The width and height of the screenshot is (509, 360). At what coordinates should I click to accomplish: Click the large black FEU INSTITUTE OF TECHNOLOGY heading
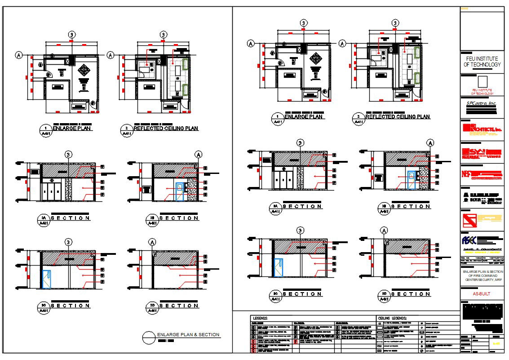coord(482,62)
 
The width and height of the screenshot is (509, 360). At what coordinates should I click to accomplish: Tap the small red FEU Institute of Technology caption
coord(482,92)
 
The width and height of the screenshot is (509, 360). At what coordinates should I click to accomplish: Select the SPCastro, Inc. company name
coord(481,103)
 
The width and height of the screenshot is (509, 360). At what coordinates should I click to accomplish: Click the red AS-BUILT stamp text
coord(482,294)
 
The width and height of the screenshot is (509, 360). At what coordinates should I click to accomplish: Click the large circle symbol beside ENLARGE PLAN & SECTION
coord(148,337)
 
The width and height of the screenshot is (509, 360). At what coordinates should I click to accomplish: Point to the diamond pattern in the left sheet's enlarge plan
coord(84,70)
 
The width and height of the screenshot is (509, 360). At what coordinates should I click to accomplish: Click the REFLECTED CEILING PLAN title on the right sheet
coord(398,117)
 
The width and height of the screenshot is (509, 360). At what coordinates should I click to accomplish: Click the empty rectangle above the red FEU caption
coord(482,82)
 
